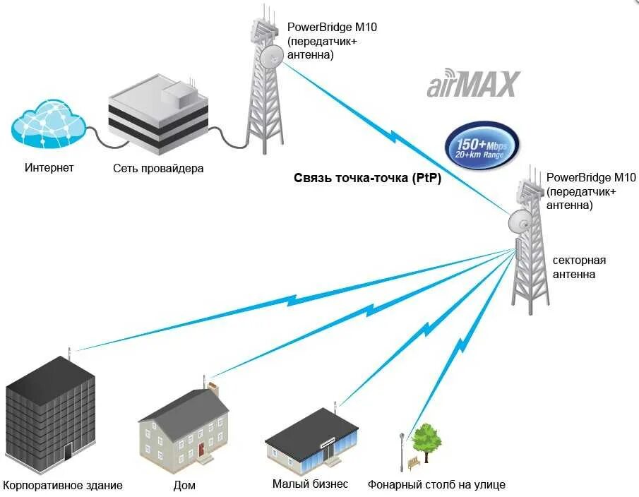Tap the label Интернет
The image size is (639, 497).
click(x=49, y=168)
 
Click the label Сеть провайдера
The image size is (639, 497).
click(x=158, y=169)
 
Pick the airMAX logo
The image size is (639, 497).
click(x=473, y=85)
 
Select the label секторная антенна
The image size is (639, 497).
click(x=579, y=267)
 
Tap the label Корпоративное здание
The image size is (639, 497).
click(x=63, y=485)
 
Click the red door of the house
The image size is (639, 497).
click(x=201, y=448)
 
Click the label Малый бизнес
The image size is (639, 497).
click(x=310, y=484)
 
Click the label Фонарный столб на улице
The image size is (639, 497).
click(x=436, y=485)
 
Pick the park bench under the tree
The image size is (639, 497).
click(x=414, y=462)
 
